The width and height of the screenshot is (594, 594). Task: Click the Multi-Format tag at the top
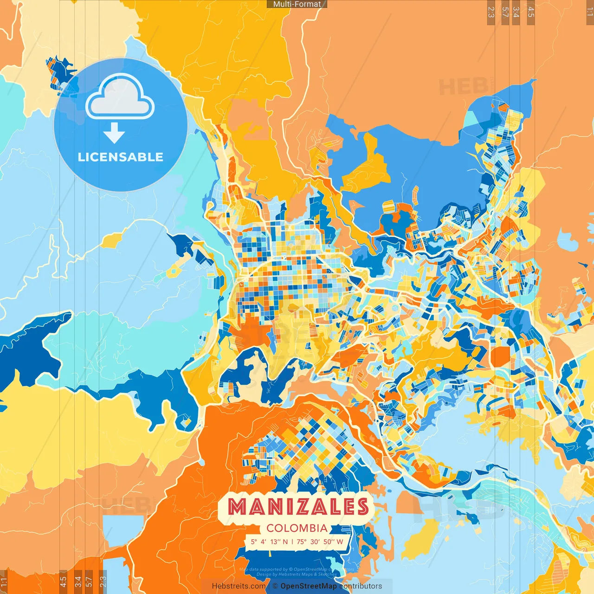[x=297, y=4]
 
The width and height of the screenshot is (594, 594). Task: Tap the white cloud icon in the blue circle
[x=120, y=97]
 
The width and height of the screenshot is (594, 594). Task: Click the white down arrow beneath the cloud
[x=114, y=133]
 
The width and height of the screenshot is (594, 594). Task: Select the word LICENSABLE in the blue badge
[x=121, y=157]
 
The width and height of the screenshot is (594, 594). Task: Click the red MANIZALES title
[x=298, y=507]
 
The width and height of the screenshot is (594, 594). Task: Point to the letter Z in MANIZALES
[x=303, y=507]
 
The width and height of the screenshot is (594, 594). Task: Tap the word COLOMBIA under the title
[x=297, y=528]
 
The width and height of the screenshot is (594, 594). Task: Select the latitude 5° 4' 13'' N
[x=270, y=542]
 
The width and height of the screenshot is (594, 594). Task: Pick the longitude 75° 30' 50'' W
[x=320, y=542]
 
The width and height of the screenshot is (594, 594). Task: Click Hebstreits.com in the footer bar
[x=239, y=586]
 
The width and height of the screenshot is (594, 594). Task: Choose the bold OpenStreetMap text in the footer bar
[x=309, y=586]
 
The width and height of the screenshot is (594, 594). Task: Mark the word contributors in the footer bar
[x=361, y=586]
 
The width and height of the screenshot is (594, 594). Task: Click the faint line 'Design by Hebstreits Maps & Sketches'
[x=297, y=575]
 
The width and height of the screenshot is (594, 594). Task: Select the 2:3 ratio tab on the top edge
[x=491, y=12]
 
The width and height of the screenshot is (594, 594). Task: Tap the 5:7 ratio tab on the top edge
[x=505, y=12]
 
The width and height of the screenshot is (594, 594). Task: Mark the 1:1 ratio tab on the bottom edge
[x=4, y=582]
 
